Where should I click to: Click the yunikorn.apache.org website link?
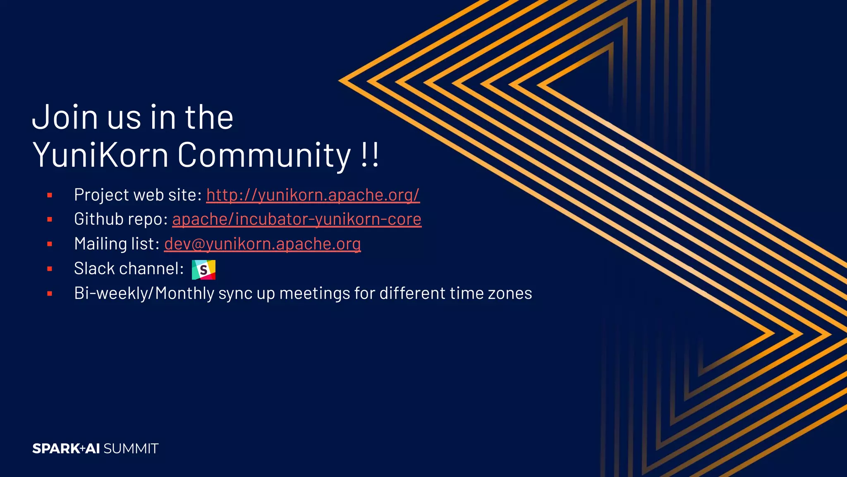(x=313, y=195)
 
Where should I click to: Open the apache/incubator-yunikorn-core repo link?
(x=297, y=219)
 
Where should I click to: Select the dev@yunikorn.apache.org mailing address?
(x=262, y=244)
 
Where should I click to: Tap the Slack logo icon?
(x=203, y=270)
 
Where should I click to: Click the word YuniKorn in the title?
(x=100, y=155)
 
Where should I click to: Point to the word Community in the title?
(x=264, y=155)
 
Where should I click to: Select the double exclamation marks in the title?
(x=369, y=155)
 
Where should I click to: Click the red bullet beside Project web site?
(x=50, y=195)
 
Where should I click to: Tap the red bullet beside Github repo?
(x=50, y=219)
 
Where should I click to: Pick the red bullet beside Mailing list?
(x=50, y=244)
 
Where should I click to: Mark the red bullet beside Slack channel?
(x=50, y=269)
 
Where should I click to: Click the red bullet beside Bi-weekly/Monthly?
(x=50, y=294)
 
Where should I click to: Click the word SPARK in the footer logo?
(x=56, y=448)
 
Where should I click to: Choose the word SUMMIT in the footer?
(x=131, y=448)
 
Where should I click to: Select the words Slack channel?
(x=129, y=269)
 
